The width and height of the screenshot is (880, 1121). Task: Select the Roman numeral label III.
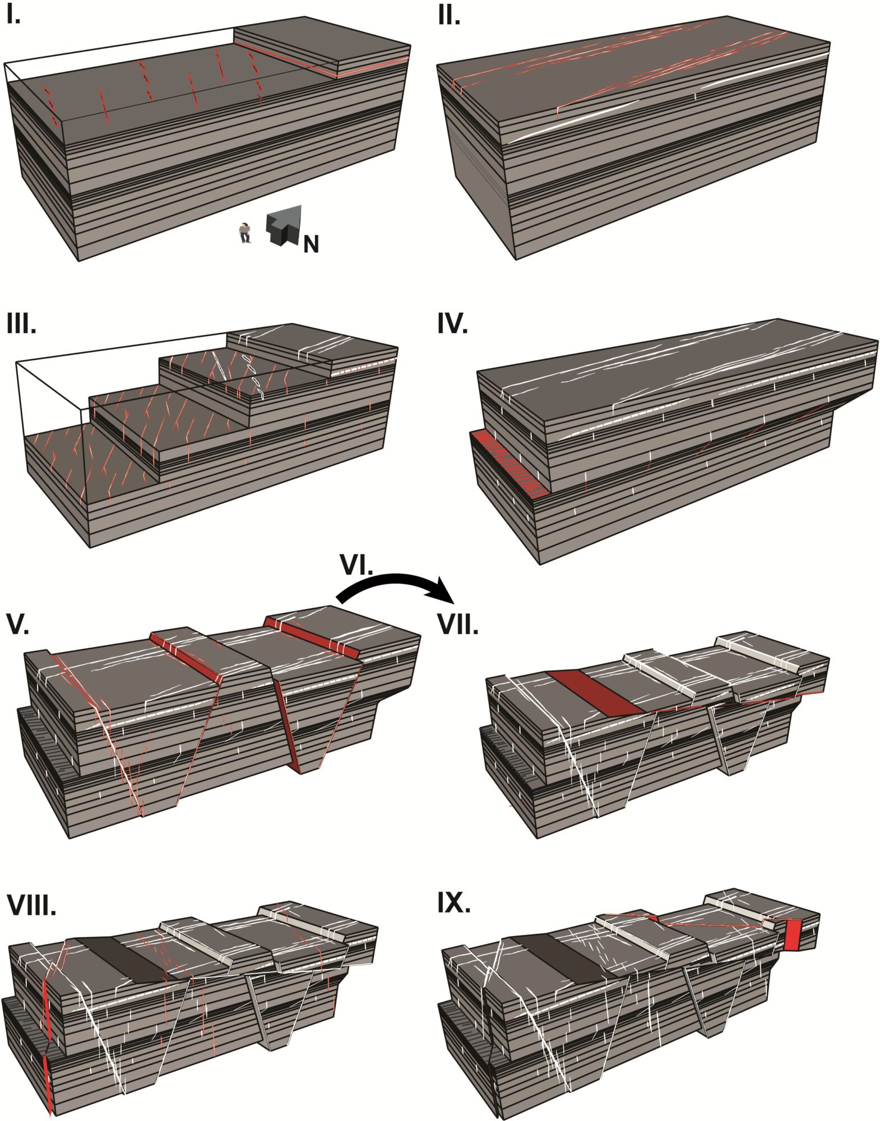[x=21, y=324]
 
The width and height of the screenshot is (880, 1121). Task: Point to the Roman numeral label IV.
[x=452, y=324]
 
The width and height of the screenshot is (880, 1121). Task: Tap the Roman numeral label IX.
[x=453, y=902]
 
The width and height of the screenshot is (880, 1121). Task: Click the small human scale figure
[x=244, y=232]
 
